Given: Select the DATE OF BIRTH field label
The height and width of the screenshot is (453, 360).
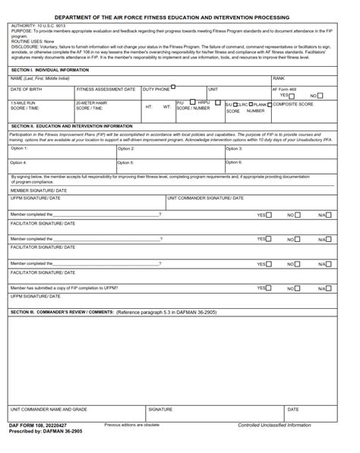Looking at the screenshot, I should click(26, 90).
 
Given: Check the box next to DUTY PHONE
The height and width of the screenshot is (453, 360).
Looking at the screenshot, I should click(173, 87).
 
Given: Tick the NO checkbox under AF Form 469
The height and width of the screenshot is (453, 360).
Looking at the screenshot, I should click(320, 96).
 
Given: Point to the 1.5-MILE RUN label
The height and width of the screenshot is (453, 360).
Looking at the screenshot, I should click(23, 102).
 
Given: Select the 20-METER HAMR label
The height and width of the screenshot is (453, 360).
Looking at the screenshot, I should click(91, 102).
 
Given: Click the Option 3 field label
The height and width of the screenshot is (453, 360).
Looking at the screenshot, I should click(234, 149).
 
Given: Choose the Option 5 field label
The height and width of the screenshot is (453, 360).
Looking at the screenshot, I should click(126, 162).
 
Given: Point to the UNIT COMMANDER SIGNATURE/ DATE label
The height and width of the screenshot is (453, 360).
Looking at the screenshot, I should click(205, 198).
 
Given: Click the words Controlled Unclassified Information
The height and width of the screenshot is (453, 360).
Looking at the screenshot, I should click(274, 425).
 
